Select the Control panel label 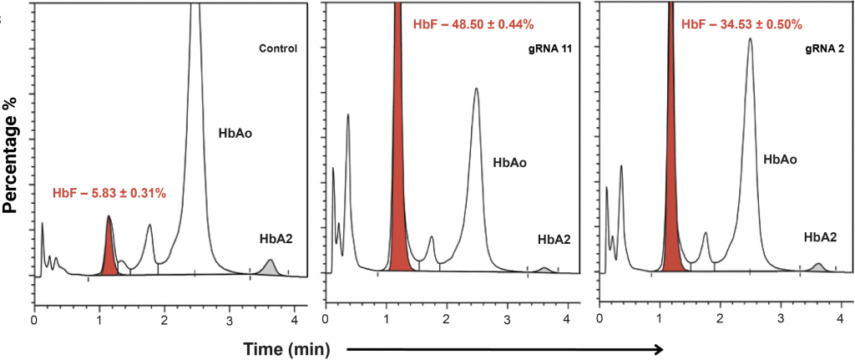[279, 48]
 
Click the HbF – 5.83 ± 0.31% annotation [109, 194]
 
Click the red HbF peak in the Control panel [109, 251]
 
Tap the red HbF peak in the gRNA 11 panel [399, 167]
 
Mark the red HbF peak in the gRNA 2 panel [671, 167]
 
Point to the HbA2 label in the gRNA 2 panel [820, 238]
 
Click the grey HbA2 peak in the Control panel [269, 268]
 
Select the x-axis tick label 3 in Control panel [229, 319]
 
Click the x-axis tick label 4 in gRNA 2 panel [840, 319]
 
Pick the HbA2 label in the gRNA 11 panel [554, 240]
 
